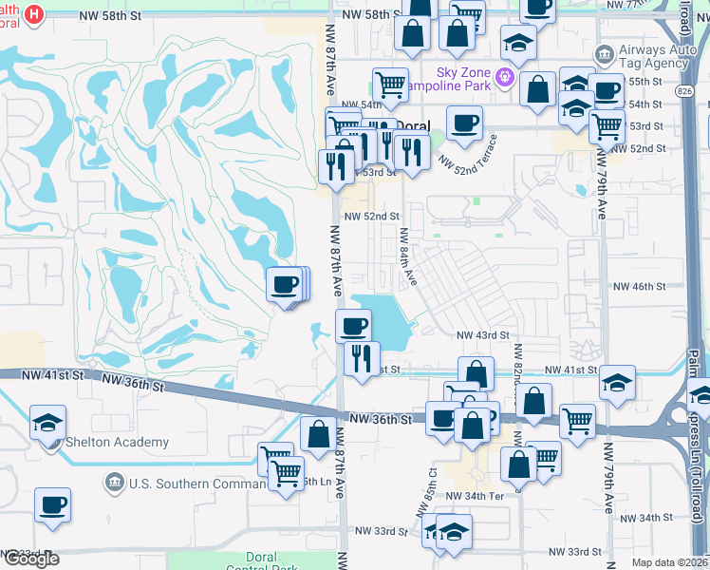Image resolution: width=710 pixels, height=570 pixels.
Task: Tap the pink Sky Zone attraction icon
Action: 505,74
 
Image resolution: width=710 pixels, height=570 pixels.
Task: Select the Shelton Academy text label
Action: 117,442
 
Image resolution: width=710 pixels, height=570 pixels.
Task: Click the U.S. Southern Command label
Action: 180,484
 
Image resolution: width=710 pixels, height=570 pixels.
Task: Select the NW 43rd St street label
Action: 483,335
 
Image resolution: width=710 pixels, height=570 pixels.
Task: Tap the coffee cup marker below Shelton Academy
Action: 52,503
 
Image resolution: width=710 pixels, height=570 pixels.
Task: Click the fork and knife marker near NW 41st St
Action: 361,358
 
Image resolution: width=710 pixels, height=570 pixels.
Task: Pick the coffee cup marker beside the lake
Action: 353,326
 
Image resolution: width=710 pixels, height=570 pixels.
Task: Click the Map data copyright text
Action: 668,562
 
